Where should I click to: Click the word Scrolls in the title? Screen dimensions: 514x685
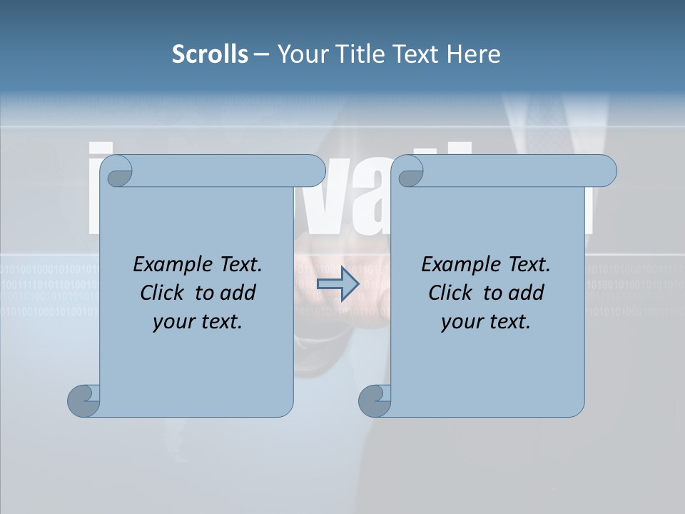[x=210, y=54]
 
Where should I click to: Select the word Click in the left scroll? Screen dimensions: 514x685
[x=162, y=293]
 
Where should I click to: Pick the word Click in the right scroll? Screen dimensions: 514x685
[x=450, y=293]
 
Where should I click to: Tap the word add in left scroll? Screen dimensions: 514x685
[x=239, y=293]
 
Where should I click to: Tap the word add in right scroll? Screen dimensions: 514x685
[x=527, y=293]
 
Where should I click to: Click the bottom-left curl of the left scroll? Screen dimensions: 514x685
[x=83, y=400]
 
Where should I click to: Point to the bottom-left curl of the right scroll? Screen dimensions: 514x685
[x=375, y=400]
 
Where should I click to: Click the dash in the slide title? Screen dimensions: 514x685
[x=261, y=54]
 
